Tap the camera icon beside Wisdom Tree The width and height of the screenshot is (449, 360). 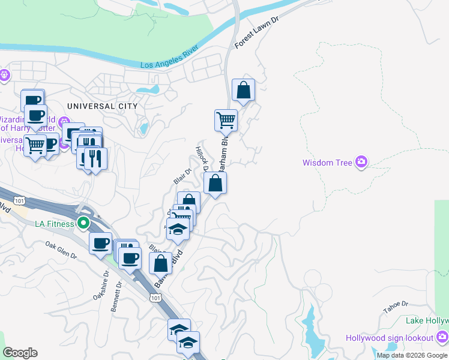pos(361,162)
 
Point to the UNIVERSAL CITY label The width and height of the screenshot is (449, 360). pos(103,106)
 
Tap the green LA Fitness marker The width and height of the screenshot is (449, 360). pos(83,224)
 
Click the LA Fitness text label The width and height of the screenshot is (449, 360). pos(55,224)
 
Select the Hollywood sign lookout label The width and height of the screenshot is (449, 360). pos(390,338)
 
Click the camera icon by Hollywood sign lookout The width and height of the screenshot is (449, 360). pos(443,337)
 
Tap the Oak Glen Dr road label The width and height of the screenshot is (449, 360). pos(61,250)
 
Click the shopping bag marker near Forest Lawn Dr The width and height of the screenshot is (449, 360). pos(244,91)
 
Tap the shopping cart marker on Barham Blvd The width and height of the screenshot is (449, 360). pos(226,120)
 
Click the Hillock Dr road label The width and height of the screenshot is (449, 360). pos(200,158)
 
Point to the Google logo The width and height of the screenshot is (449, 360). pos(20,353)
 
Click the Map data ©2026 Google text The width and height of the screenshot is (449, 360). pos(412,355)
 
